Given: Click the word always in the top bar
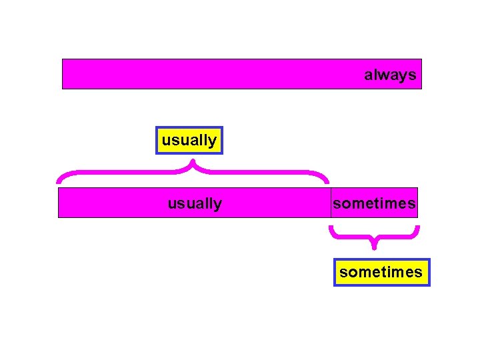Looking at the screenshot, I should [x=390, y=75].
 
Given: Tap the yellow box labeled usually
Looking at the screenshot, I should [x=189, y=140].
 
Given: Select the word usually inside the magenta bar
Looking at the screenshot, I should [x=195, y=203].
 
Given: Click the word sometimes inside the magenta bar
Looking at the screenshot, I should [x=374, y=203].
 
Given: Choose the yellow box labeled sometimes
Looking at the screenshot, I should [x=381, y=272].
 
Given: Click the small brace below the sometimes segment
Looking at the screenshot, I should [x=353, y=235].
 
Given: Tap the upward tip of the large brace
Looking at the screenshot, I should [x=193, y=161].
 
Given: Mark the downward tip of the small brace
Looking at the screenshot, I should [x=374, y=247].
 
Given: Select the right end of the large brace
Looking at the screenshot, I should [x=327, y=181].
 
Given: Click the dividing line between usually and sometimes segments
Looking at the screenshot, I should [x=331, y=203].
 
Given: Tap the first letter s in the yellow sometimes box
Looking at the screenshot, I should [x=343, y=272].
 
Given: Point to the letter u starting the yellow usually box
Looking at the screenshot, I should [x=165, y=140].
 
